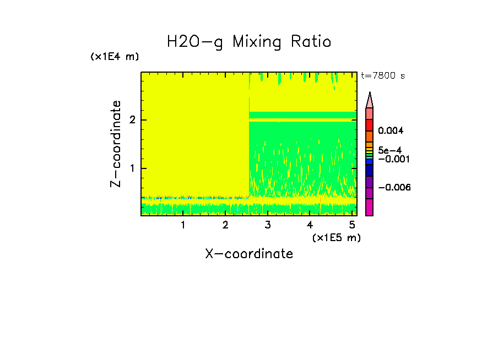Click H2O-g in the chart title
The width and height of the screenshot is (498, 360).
pyautogui.click(x=195, y=42)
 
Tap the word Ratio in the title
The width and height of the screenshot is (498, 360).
pyautogui.click(x=312, y=42)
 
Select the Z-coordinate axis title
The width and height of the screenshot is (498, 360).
pyautogui.click(x=116, y=144)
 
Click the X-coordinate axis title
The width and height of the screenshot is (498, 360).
pyautogui.click(x=249, y=254)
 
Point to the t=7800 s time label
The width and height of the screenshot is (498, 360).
pyautogui.click(x=383, y=76)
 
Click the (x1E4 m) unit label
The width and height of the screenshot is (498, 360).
pyautogui.click(x=115, y=57)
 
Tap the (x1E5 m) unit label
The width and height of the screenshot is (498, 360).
pyautogui.click(x=336, y=237)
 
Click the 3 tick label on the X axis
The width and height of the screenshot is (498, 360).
pyautogui.click(x=267, y=225)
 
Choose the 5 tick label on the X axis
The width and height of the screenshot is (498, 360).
pyautogui.click(x=352, y=225)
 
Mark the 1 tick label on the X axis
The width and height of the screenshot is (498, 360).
pyautogui.click(x=183, y=225)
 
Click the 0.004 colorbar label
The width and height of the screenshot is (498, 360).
pyautogui.click(x=391, y=131)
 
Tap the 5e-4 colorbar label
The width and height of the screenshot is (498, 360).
pyautogui.click(x=391, y=150)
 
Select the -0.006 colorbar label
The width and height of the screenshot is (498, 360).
pyautogui.click(x=394, y=188)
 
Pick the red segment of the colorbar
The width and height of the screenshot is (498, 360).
pyautogui.click(x=370, y=124)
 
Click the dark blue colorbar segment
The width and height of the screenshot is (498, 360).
pyautogui.click(x=370, y=170)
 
